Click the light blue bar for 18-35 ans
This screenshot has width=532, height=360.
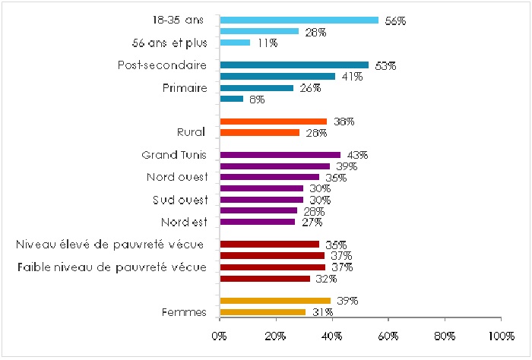[298, 21]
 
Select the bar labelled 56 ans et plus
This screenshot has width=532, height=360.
[235, 43]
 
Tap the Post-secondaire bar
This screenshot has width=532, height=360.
[294, 65]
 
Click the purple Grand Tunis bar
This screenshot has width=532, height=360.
[280, 155]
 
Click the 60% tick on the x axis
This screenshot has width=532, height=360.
[388, 335]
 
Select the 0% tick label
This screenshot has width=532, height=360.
[220, 335]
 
